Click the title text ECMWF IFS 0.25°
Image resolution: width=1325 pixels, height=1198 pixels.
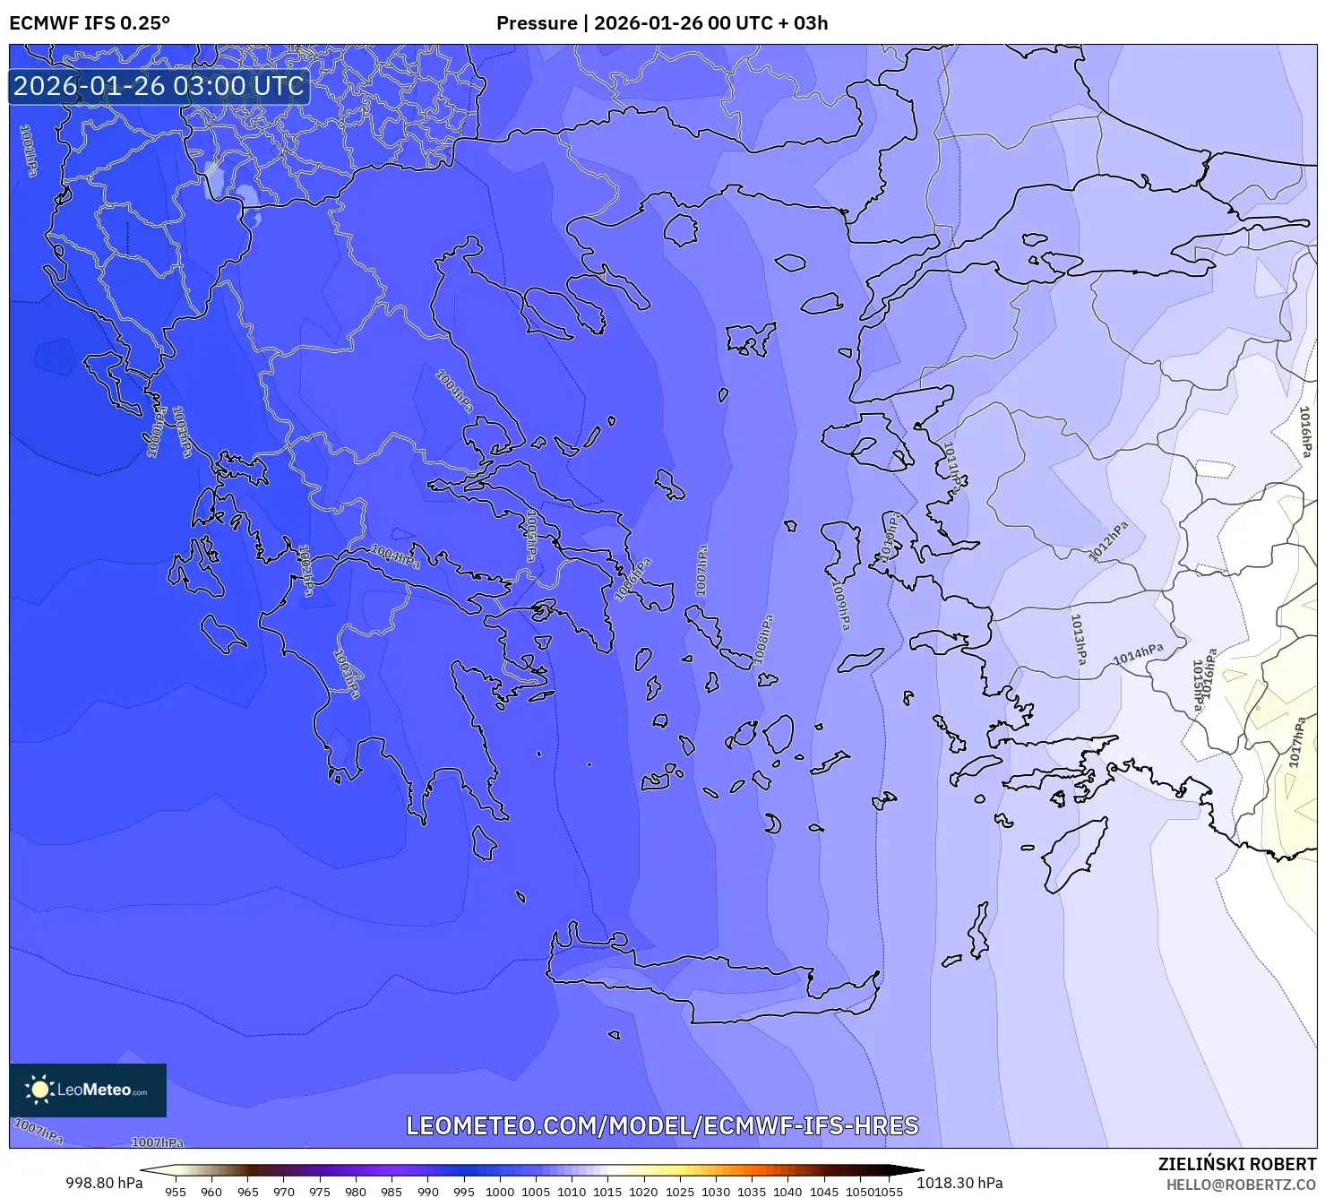click(x=90, y=23)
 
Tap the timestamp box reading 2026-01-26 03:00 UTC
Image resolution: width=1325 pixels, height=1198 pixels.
click(x=159, y=86)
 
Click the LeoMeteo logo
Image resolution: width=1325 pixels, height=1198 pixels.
click(x=88, y=1090)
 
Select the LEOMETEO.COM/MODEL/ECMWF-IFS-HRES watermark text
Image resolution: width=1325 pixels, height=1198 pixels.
click(x=662, y=1125)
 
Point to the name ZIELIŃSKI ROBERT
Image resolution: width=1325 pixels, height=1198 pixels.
click(x=1236, y=1164)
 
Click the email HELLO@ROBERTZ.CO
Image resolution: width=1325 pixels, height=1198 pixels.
click(x=1241, y=1185)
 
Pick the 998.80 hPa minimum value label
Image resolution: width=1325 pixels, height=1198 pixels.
click(x=104, y=1183)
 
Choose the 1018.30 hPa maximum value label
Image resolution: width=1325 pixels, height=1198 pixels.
click(x=959, y=1183)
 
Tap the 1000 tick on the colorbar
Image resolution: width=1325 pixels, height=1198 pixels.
click(x=499, y=1192)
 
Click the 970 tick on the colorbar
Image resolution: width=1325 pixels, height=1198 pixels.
click(x=283, y=1192)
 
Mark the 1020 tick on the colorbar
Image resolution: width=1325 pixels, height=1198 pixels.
click(x=643, y=1192)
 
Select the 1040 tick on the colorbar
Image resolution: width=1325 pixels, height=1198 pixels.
click(x=787, y=1192)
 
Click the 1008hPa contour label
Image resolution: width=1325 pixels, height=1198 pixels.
click(x=763, y=639)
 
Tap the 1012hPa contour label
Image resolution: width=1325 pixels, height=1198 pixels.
click(x=1108, y=541)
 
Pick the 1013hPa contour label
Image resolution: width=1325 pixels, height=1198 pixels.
click(x=1079, y=639)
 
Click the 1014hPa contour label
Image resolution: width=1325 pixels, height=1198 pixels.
click(x=1138, y=655)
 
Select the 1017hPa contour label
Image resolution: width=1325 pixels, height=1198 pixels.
click(x=1295, y=742)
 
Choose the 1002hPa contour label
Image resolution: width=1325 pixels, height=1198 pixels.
click(x=305, y=570)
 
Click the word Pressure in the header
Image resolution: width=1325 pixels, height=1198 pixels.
click(x=537, y=23)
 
